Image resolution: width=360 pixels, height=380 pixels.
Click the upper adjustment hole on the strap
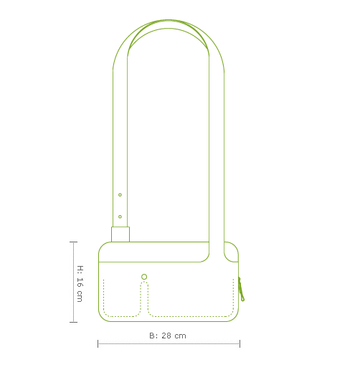click(x=120, y=194)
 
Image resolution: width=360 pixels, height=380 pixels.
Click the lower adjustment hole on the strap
click(x=120, y=216)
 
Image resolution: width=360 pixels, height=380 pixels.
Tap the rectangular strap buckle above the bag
click(x=120, y=234)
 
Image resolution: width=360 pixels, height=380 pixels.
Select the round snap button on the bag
click(x=144, y=277)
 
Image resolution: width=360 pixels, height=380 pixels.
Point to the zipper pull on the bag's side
click(x=242, y=289)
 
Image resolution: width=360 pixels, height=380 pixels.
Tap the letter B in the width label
click(x=152, y=336)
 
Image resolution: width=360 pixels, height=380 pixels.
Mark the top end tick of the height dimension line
click(x=73, y=242)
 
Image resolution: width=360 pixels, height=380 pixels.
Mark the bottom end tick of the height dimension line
click(x=73, y=322)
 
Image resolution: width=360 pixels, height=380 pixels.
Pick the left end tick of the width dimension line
click(x=98, y=344)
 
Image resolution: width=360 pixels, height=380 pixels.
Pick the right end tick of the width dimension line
click(x=240, y=344)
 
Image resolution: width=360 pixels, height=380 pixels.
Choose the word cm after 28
click(x=180, y=336)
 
